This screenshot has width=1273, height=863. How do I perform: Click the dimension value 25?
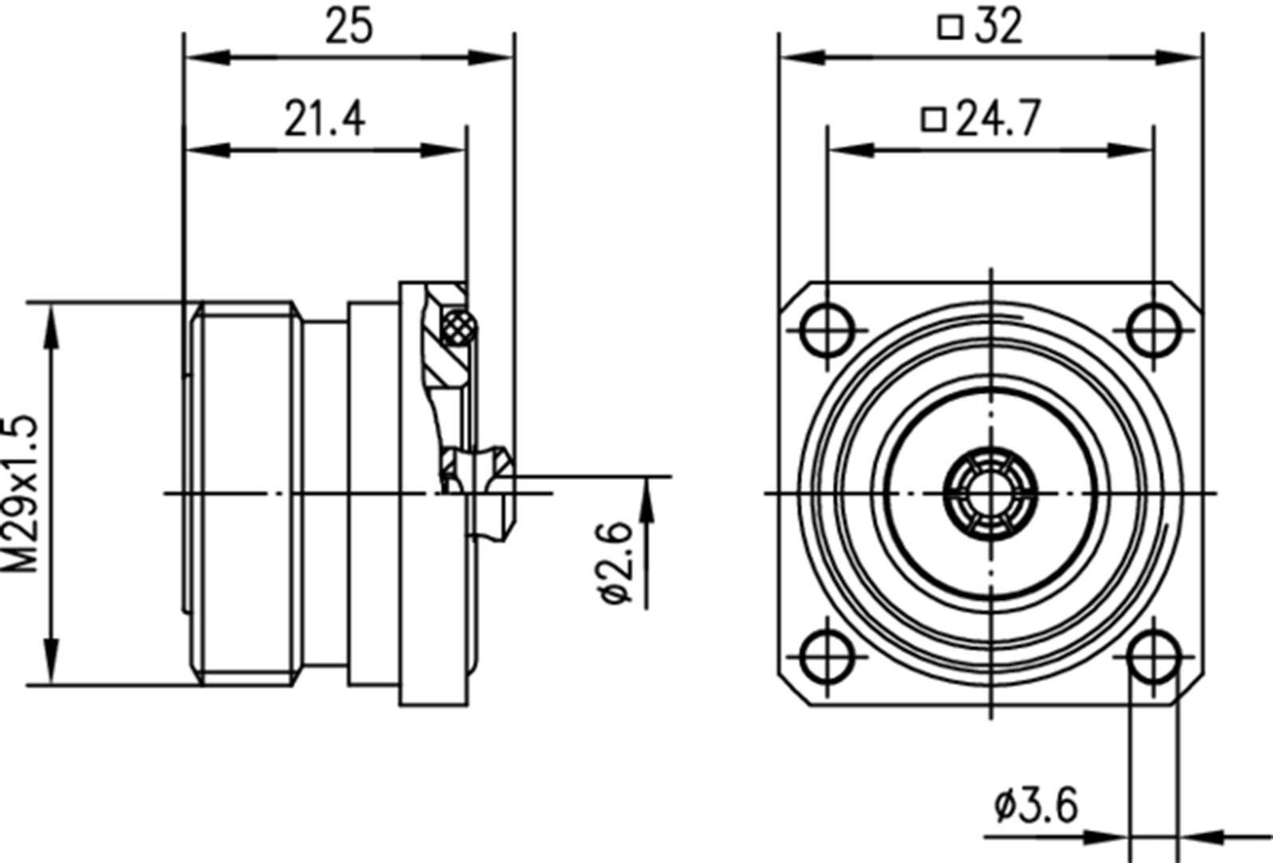click(x=349, y=26)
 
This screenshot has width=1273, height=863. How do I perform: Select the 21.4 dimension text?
click(x=325, y=119)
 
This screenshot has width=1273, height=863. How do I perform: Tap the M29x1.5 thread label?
click(x=22, y=493)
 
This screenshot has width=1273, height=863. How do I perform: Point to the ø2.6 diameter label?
click(x=616, y=562)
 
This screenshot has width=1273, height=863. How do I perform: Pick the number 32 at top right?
click(x=998, y=26)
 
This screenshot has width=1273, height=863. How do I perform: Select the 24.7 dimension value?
click(x=998, y=119)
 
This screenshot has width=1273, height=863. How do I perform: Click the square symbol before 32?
click(x=950, y=28)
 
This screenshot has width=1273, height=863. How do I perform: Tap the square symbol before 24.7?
click(x=933, y=120)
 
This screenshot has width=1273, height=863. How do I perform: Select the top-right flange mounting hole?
click(x=1153, y=329)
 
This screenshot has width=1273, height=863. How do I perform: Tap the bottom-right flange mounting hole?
click(x=1153, y=656)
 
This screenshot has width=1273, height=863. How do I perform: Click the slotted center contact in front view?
click(x=990, y=493)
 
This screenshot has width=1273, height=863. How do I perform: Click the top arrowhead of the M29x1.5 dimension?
click(x=52, y=323)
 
